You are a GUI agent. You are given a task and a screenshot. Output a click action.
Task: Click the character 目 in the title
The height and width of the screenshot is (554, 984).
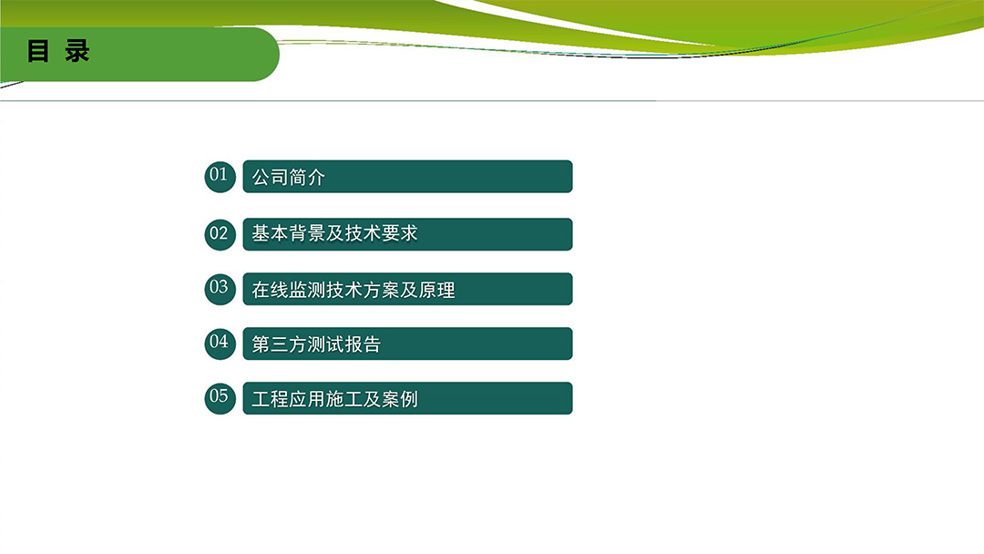37,51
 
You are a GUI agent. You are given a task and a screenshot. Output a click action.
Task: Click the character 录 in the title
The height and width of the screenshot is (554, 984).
77,51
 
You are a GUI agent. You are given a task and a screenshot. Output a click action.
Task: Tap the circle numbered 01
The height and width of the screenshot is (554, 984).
220,176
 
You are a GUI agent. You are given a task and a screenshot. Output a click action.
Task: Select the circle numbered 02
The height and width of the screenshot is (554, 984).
220,234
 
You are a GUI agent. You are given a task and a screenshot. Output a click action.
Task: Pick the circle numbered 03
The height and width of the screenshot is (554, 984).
220,289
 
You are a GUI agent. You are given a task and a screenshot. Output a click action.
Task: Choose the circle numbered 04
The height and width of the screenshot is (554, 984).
220,344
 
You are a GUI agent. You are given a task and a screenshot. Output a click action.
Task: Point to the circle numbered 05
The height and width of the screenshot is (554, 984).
220,398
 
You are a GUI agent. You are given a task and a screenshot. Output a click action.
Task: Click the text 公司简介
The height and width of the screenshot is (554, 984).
289,177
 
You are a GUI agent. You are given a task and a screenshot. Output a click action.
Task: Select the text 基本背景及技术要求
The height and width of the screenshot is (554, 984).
335,233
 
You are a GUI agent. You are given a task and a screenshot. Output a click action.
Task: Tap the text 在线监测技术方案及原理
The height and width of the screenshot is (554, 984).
354,289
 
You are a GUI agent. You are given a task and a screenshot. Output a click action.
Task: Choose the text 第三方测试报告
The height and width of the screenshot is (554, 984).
316,344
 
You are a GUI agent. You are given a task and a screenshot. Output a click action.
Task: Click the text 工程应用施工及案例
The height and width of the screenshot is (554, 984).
335,399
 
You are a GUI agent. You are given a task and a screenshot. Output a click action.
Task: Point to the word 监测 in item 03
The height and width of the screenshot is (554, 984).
308,289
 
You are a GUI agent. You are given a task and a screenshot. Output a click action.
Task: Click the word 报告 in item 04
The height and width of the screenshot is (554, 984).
363,344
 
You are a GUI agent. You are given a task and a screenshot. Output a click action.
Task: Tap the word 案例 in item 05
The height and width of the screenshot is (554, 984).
400,399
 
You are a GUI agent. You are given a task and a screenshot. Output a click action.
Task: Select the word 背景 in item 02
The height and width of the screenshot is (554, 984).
308,233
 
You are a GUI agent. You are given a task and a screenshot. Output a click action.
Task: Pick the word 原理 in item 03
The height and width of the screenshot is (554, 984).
436,289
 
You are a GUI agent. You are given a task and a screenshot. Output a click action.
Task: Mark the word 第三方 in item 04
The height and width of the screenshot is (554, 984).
280,344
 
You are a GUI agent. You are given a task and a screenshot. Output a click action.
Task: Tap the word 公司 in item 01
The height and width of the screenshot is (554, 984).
271,177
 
